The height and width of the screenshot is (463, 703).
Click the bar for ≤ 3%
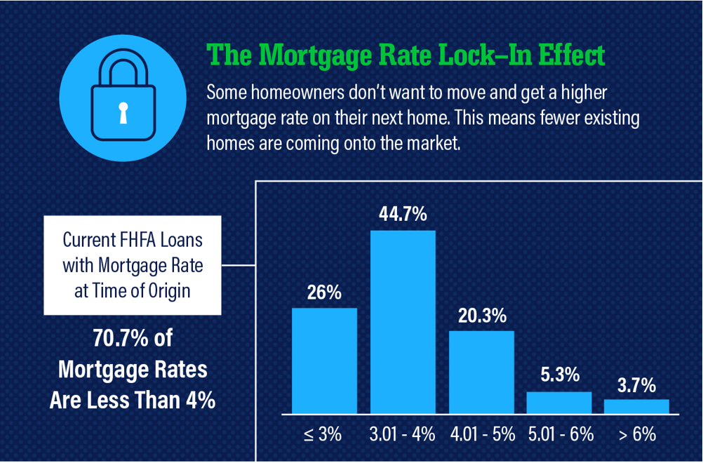tap(324, 361)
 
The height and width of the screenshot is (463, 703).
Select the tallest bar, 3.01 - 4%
tap(403, 322)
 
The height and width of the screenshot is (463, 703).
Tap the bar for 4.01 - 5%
tap(481, 372)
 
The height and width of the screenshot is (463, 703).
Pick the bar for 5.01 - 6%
tap(559, 403)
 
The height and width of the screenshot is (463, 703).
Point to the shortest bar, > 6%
tap(636, 406)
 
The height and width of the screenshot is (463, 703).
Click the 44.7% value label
tap(403, 214)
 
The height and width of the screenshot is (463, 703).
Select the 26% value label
tap(324, 293)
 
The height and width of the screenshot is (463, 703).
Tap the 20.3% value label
tap(482, 316)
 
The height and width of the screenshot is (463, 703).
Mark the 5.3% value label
tap(560, 375)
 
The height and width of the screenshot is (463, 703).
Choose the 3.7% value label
tap(636, 385)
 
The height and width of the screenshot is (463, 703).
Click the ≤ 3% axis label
tap(323, 434)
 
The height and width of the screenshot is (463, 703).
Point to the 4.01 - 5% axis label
tap(483, 434)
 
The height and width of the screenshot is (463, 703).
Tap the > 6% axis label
tap(637, 434)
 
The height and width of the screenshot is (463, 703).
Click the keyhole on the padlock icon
tap(123, 113)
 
